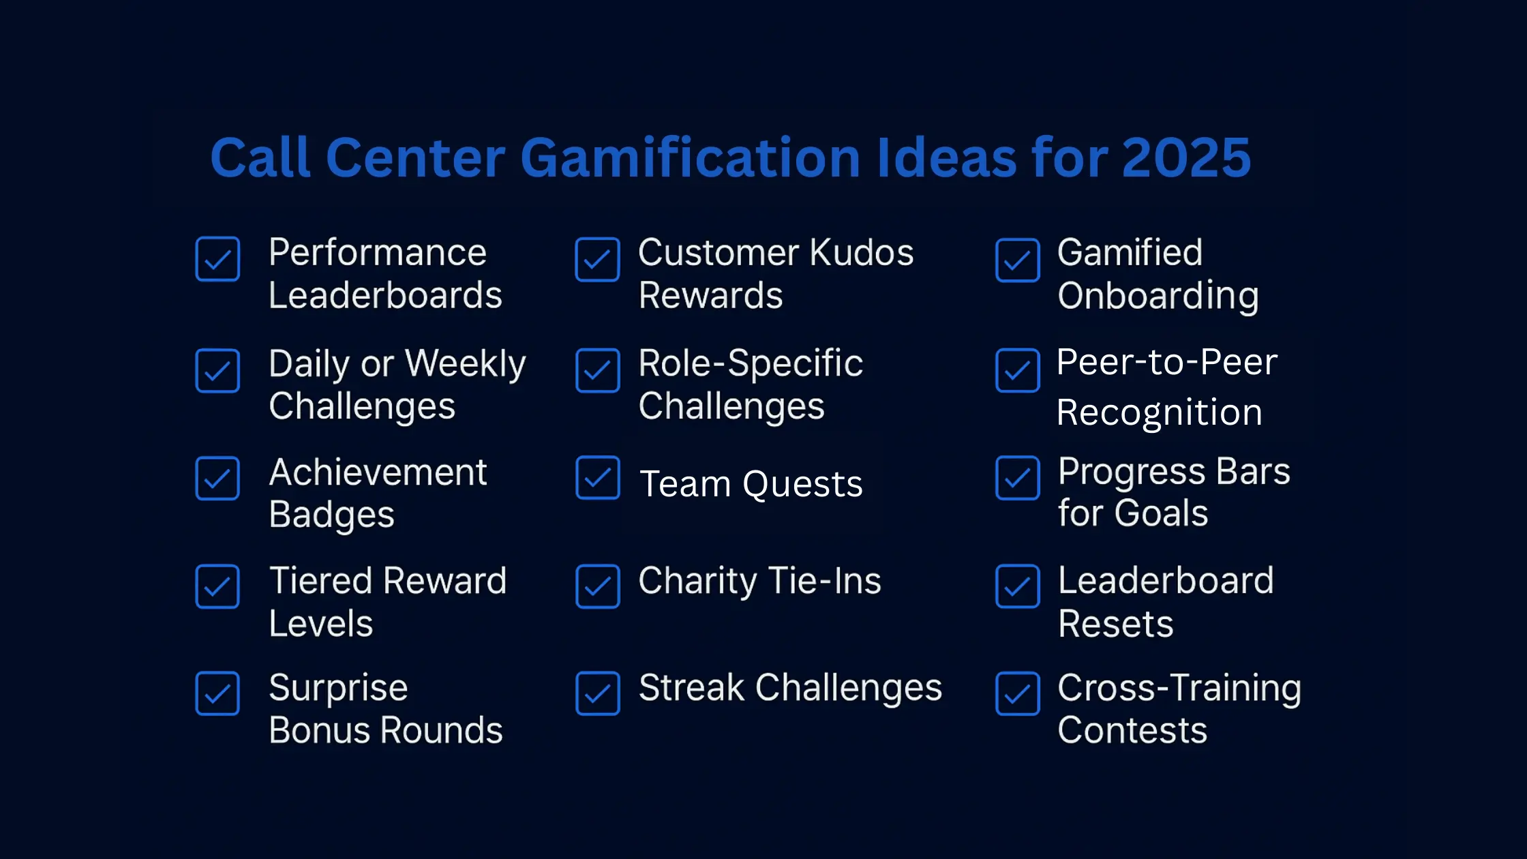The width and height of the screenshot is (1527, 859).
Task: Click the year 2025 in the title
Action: click(x=1186, y=157)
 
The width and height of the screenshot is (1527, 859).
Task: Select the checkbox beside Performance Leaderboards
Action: click(x=217, y=259)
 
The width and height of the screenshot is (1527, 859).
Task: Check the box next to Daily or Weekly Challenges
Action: click(x=217, y=371)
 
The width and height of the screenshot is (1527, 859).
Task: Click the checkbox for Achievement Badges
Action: click(x=217, y=478)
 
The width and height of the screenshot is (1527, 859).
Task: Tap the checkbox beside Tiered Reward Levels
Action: click(x=217, y=586)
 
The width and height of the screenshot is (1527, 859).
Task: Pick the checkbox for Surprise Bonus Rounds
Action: click(x=217, y=693)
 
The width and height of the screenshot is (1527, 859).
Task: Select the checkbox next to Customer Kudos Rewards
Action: click(x=597, y=259)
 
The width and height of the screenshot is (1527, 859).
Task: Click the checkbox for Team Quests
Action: click(x=598, y=478)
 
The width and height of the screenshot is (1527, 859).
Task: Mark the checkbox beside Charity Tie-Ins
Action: click(x=598, y=586)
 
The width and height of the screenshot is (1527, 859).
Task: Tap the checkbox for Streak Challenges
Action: click(x=598, y=693)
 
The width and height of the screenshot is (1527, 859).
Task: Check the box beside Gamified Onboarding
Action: click(x=1018, y=260)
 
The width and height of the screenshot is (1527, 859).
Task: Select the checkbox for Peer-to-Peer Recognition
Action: click(x=1018, y=371)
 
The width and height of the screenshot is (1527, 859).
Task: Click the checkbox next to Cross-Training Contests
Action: click(x=1018, y=693)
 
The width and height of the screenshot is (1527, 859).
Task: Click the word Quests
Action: click(x=802, y=485)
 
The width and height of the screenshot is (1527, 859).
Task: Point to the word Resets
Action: click(x=1116, y=624)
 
